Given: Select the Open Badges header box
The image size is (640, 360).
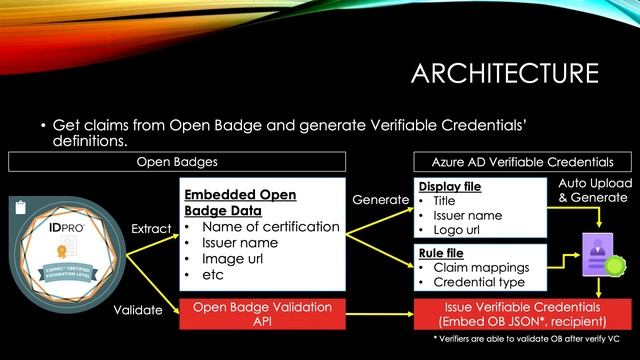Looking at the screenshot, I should tap(178, 161).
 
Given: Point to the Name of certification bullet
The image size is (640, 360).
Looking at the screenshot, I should tap(269, 227).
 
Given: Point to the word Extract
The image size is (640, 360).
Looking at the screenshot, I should tap(151, 230).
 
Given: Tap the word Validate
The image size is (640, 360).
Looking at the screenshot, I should tap(138, 311).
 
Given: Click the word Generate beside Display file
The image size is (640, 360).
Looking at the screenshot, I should tap(380, 200).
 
